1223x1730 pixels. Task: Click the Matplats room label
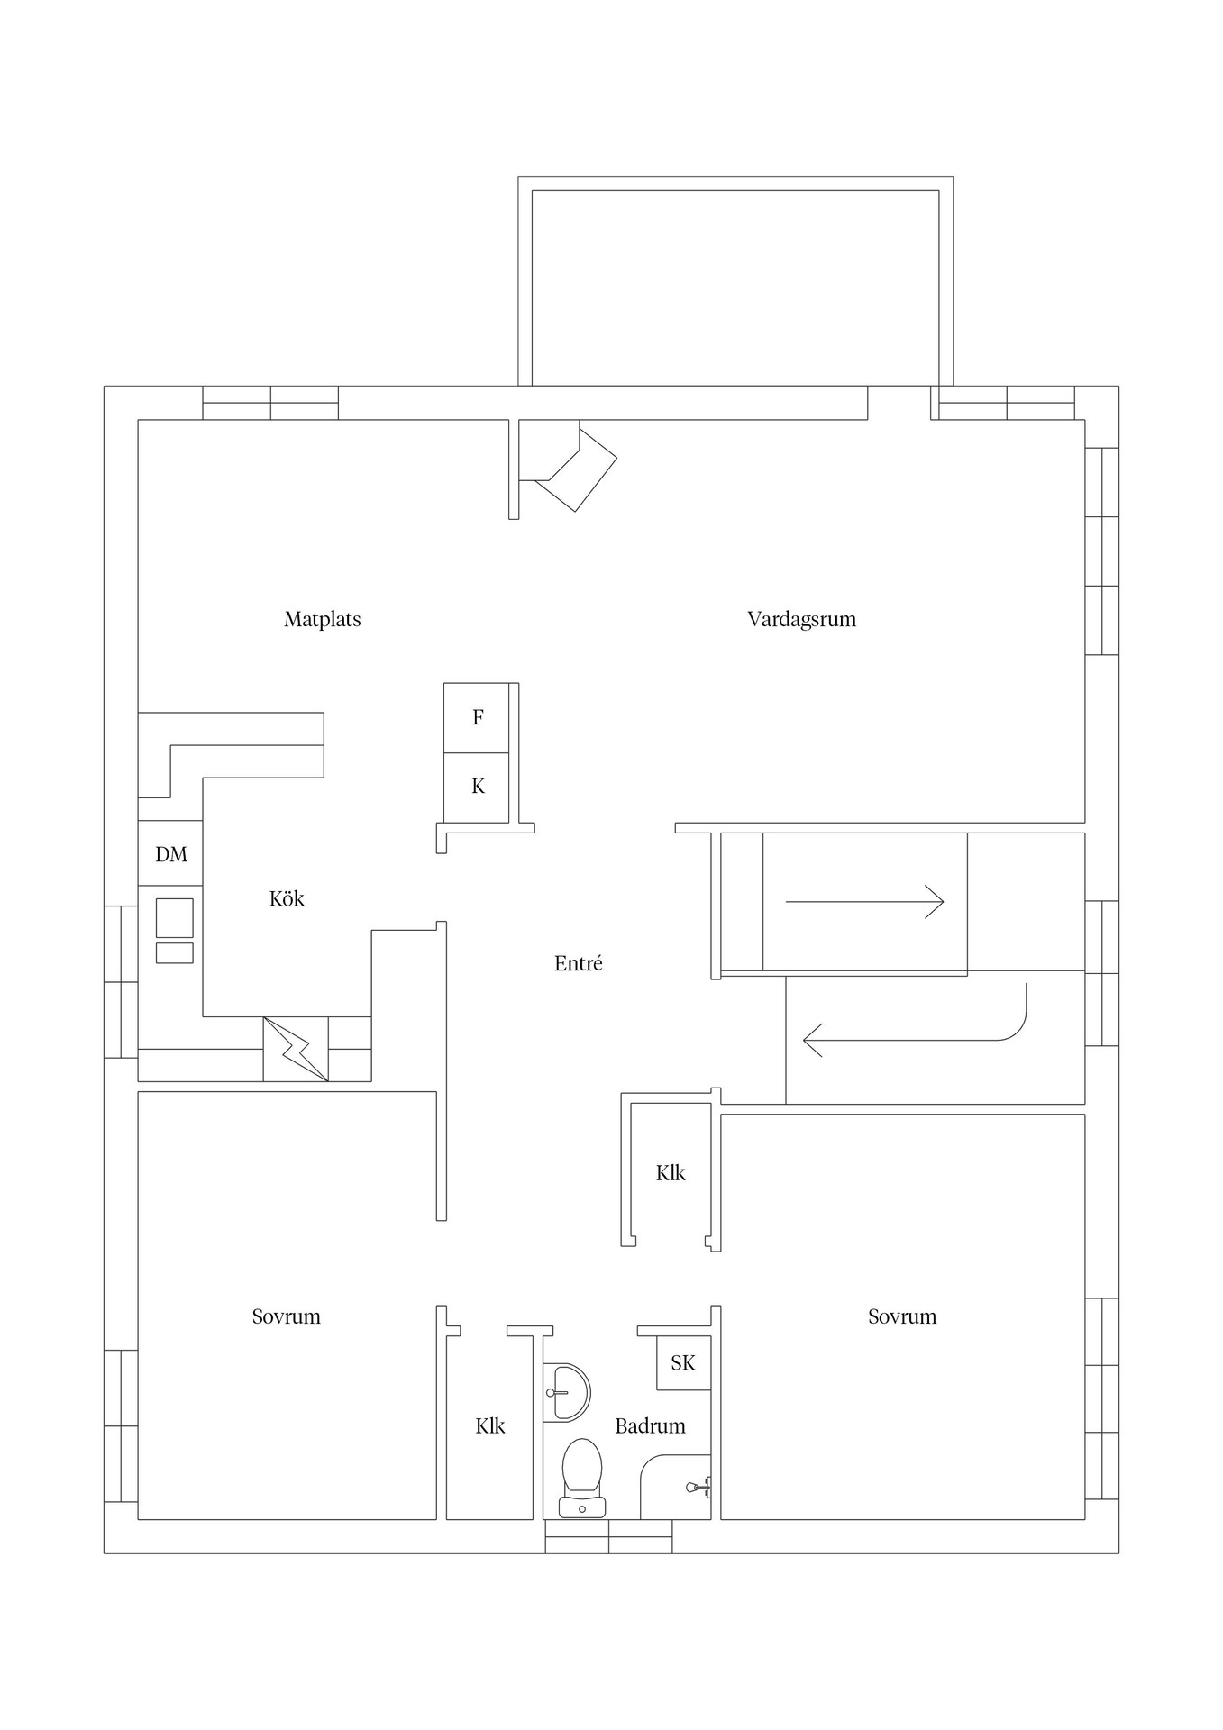tap(322, 619)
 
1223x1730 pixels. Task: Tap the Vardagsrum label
tap(801, 619)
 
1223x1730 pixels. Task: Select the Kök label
tap(287, 898)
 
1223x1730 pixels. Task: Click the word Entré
tap(578, 963)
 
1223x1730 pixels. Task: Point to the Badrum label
tap(650, 1425)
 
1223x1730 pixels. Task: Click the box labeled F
tap(477, 718)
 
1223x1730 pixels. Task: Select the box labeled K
tap(477, 787)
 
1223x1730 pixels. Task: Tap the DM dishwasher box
tap(170, 853)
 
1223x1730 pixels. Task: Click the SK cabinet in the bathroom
tap(683, 1363)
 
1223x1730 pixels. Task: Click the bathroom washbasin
tap(568, 1391)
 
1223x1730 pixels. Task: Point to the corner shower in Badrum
tap(678, 1488)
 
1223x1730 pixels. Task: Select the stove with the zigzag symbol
tap(296, 1049)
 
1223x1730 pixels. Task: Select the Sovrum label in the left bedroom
tap(286, 1316)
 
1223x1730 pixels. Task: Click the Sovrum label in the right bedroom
tap(901, 1316)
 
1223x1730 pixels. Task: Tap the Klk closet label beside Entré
tap(671, 1172)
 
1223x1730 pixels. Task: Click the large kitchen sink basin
tap(174, 917)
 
